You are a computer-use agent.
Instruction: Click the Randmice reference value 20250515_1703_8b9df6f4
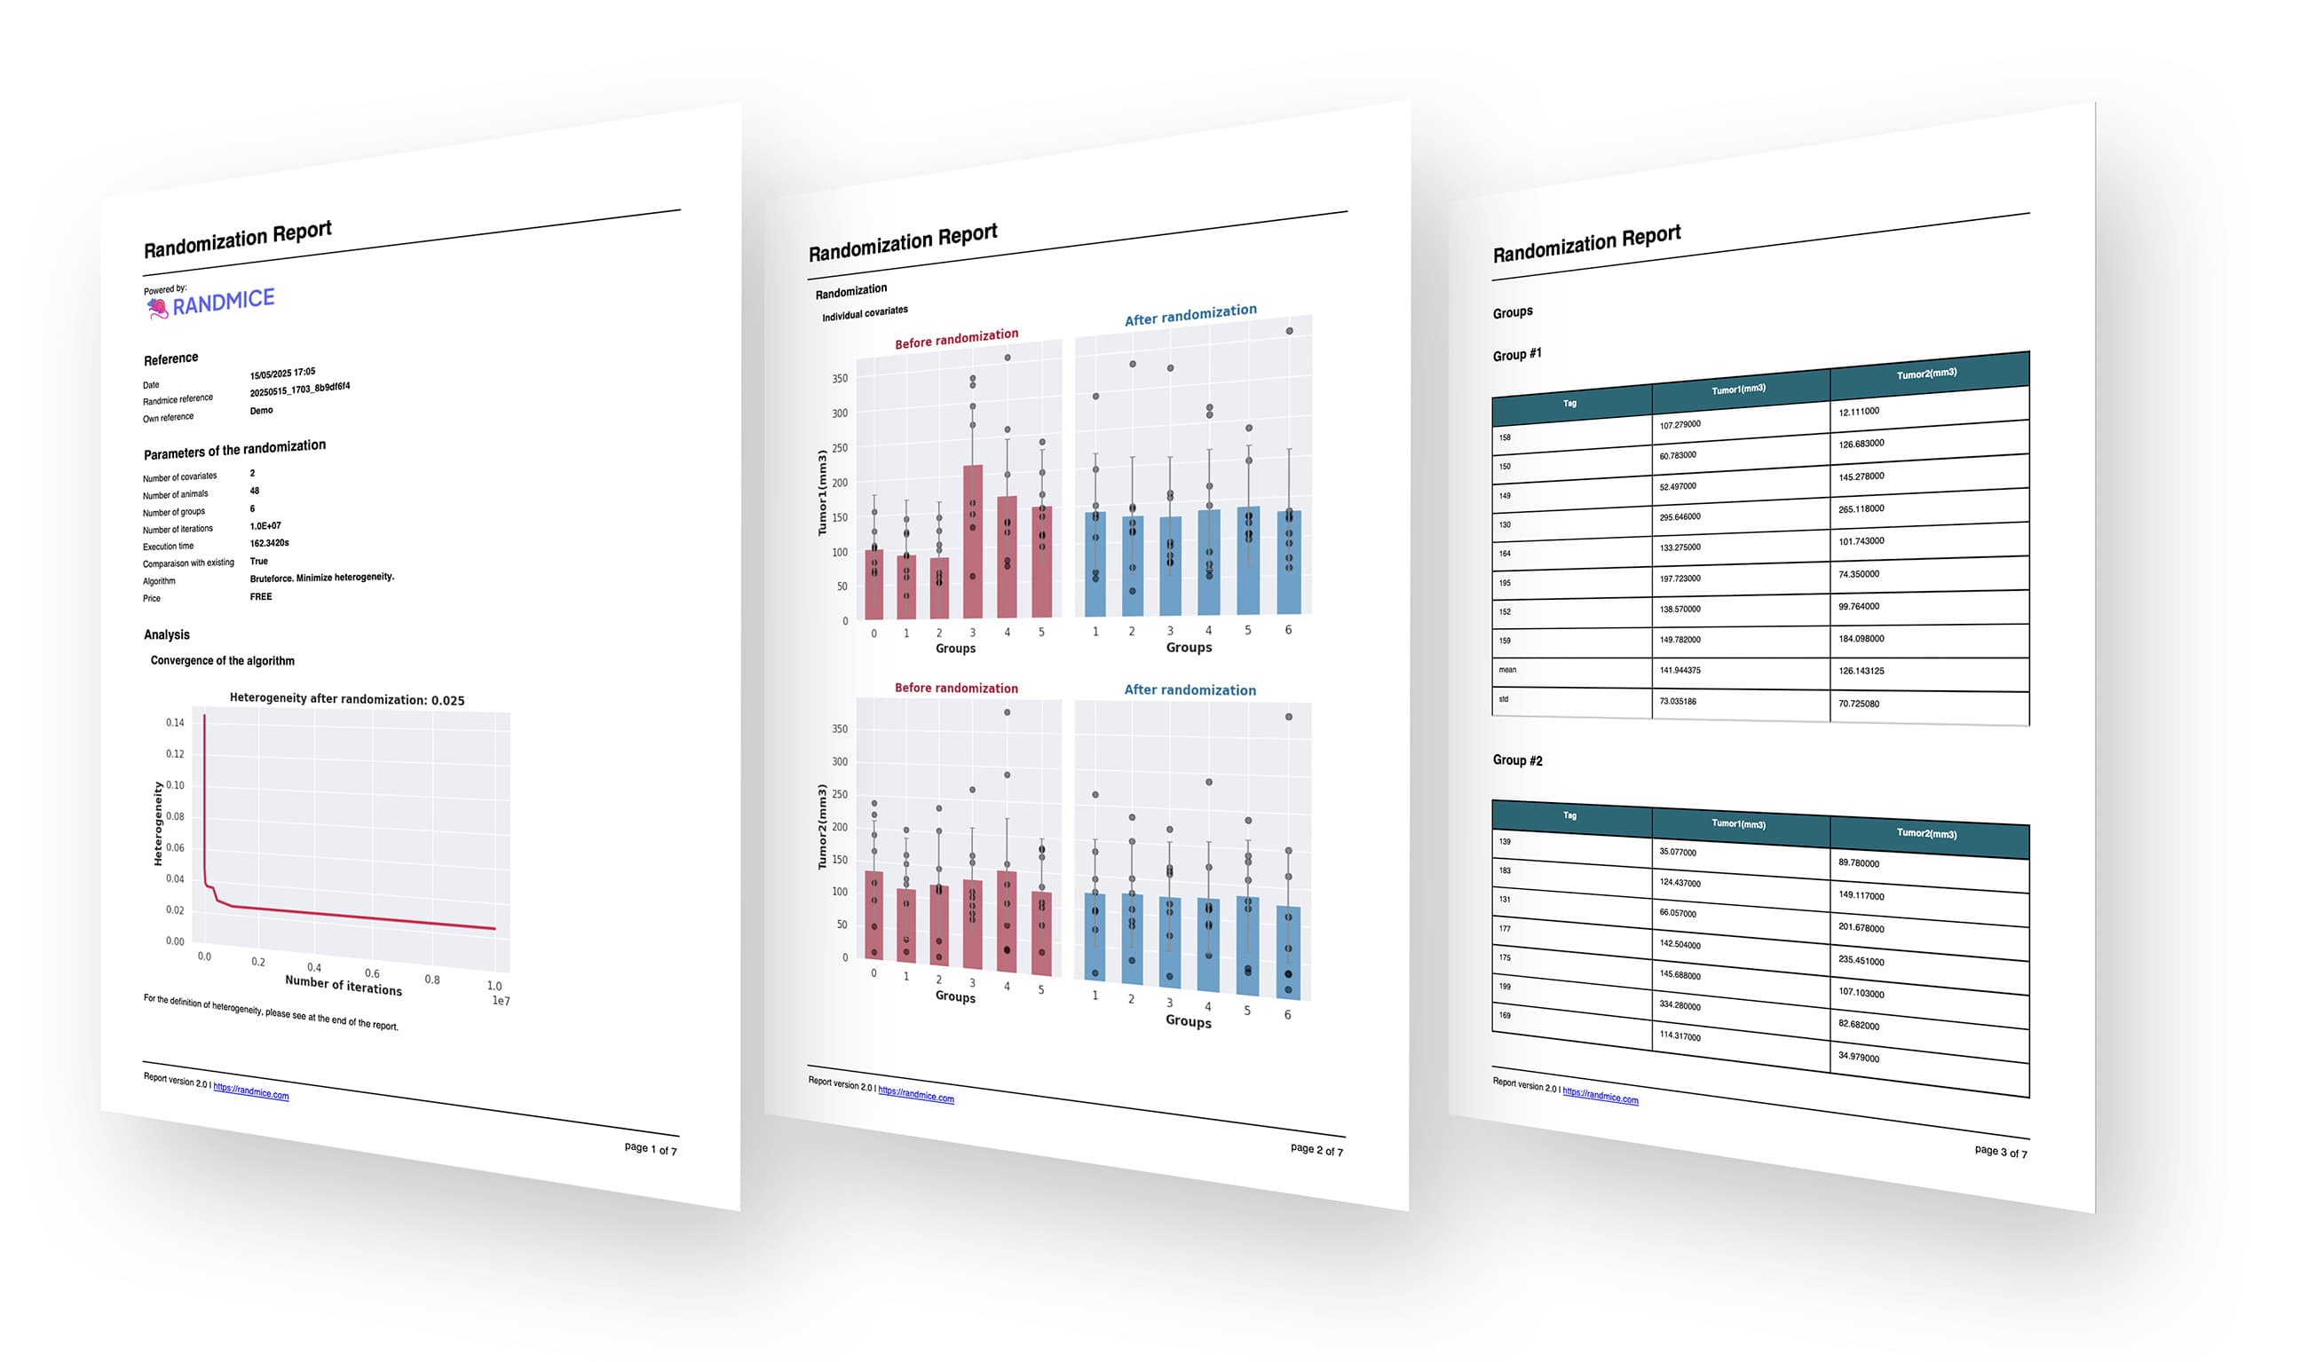(x=299, y=390)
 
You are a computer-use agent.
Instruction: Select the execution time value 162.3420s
(x=269, y=543)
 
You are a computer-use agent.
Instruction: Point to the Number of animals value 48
(x=254, y=491)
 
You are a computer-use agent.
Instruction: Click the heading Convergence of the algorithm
(x=222, y=661)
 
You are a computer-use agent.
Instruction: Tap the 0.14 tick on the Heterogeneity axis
(x=174, y=723)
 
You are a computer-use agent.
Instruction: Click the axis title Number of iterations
(x=343, y=986)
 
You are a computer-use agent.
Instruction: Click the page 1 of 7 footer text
(x=650, y=1149)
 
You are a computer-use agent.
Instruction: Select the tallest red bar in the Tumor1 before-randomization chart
(x=972, y=541)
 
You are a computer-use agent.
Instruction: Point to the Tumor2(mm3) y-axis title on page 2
(x=822, y=827)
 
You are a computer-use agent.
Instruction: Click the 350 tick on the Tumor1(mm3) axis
(x=839, y=378)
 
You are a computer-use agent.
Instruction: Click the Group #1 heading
(x=1517, y=354)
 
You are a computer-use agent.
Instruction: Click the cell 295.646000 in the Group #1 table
(x=1680, y=516)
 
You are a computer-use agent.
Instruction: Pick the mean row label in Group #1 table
(x=1507, y=670)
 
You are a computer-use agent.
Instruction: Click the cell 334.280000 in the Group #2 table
(x=1680, y=1006)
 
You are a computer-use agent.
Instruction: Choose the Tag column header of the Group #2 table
(x=1569, y=815)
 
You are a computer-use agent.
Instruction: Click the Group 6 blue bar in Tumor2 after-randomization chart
(x=1288, y=951)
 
